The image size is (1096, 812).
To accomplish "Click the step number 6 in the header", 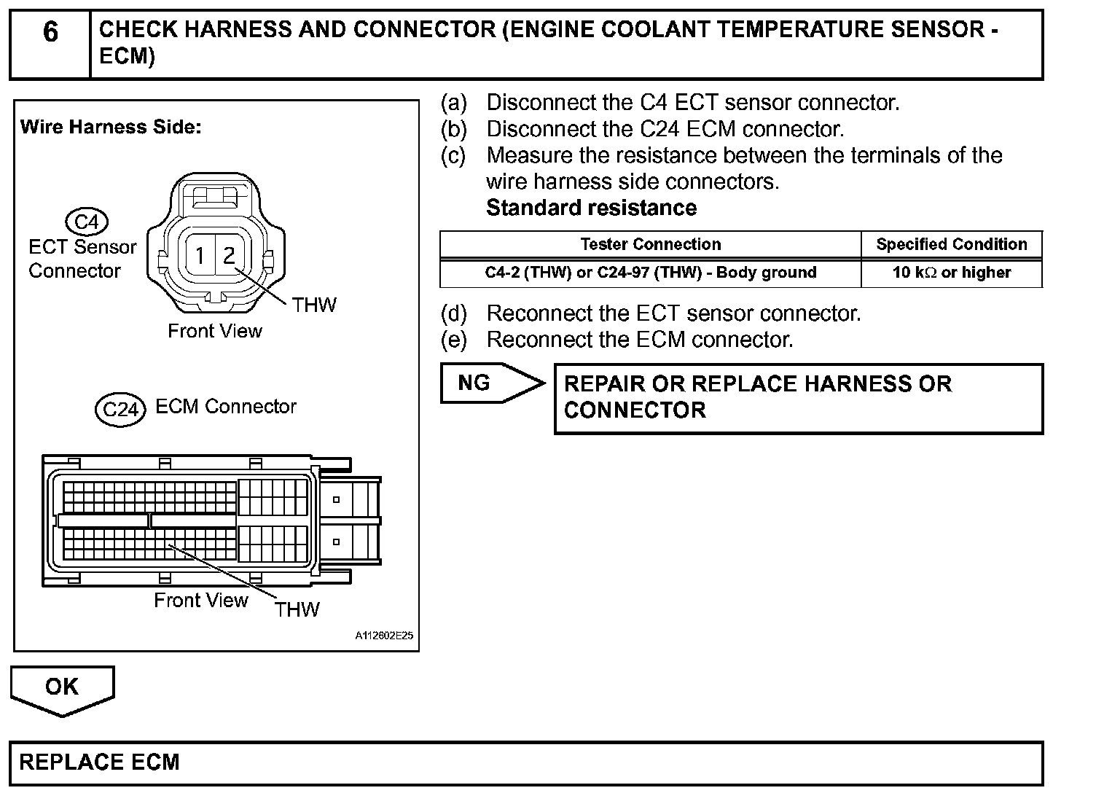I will (x=50, y=33).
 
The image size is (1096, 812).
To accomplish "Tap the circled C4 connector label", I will (x=86, y=222).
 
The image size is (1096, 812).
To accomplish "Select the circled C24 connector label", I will (x=120, y=409).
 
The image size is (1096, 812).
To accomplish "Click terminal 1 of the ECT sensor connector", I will (x=200, y=256).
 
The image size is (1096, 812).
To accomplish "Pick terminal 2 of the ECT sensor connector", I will (x=229, y=256).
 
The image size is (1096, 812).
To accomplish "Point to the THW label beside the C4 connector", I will (x=314, y=305).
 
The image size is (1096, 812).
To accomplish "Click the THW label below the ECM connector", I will (x=297, y=609).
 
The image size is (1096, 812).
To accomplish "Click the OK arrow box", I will (x=62, y=687).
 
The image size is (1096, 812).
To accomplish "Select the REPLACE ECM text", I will (x=99, y=762).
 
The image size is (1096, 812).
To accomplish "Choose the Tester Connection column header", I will (x=650, y=244).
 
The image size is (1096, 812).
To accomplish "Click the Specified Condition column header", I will (x=951, y=244).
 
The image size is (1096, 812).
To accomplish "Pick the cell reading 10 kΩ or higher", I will (x=951, y=273).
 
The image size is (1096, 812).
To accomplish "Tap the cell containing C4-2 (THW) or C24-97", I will (x=650, y=273).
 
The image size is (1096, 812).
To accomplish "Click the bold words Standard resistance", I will (x=591, y=208).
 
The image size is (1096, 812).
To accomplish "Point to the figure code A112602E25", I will (x=384, y=636).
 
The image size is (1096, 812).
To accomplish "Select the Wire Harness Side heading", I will (x=111, y=127).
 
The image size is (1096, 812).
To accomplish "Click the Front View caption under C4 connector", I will (x=214, y=331).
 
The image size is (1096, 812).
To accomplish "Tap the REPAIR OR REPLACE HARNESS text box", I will (x=798, y=398).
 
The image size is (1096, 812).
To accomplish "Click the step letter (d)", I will (x=453, y=313).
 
